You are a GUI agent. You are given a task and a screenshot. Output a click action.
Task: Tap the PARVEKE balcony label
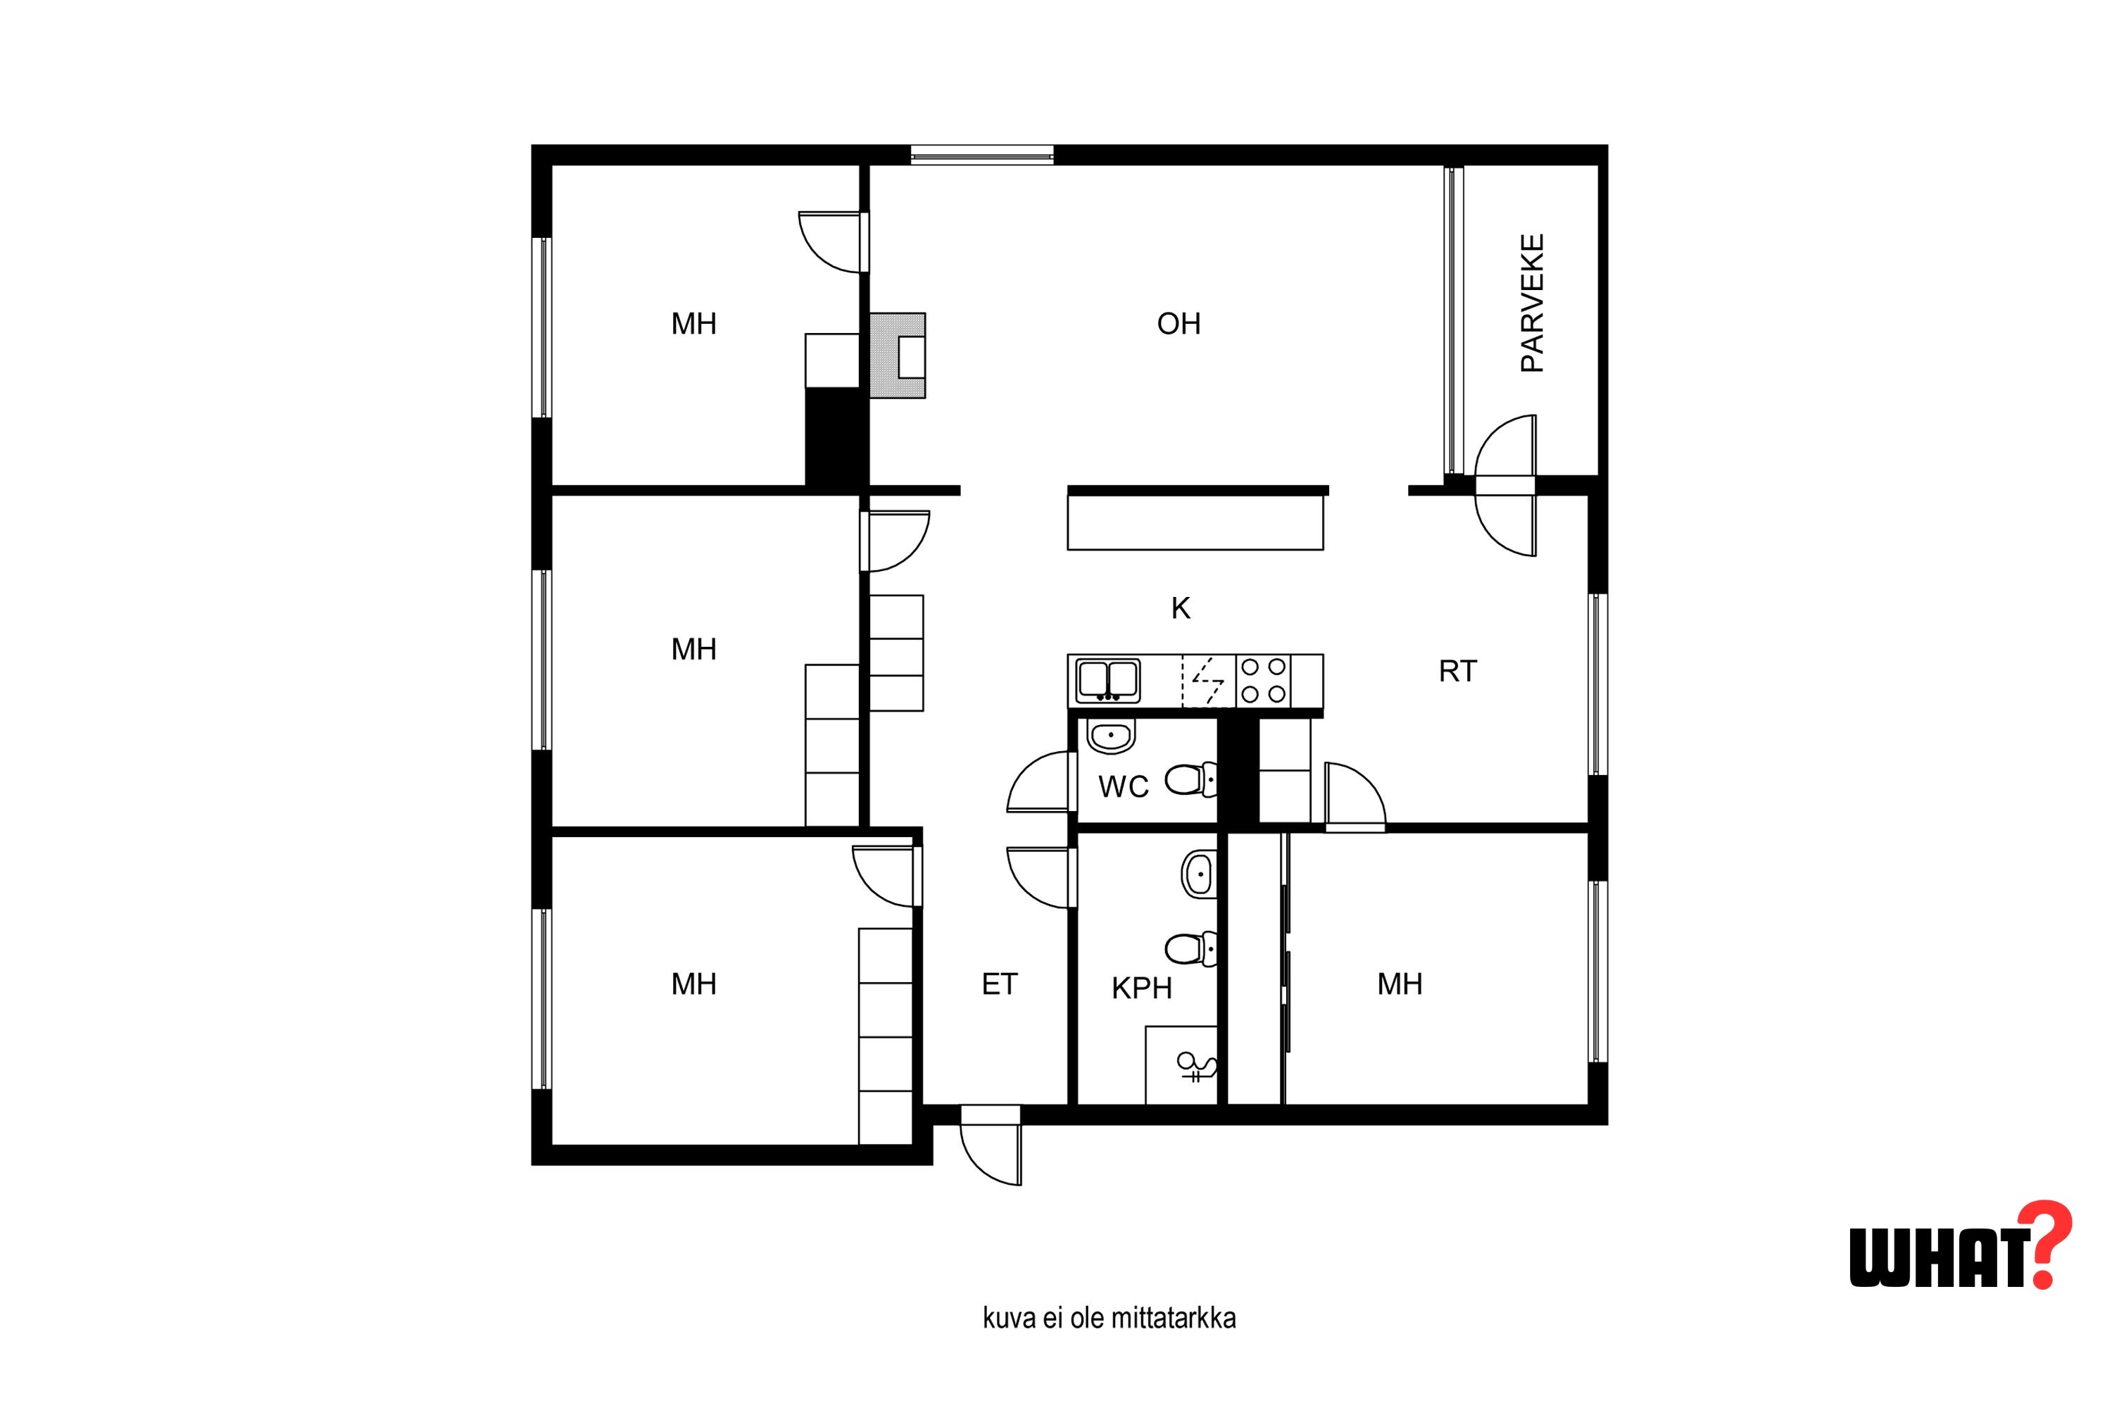click(x=1532, y=303)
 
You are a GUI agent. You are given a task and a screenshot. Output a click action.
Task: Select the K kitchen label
click(x=1180, y=608)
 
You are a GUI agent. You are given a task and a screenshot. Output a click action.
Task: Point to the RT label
click(x=1457, y=671)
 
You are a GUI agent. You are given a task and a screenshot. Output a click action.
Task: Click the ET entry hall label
click(x=1000, y=984)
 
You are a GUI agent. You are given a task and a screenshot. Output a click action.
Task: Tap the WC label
click(x=1124, y=786)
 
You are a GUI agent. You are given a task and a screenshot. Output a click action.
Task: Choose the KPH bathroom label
click(x=1141, y=988)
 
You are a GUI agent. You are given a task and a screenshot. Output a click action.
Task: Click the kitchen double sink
click(x=1108, y=680)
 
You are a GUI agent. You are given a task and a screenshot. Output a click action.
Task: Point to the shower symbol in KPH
click(x=1197, y=1066)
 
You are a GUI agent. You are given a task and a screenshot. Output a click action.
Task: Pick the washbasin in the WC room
click(x=1111, y=736)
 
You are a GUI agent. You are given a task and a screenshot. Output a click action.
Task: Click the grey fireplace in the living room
click(x=897, y=356)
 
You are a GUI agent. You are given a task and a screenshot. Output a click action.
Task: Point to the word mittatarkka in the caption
click(x=1173, y=1318)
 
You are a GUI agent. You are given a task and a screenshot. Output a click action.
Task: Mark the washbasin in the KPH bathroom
click(x=1198, y=874)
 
